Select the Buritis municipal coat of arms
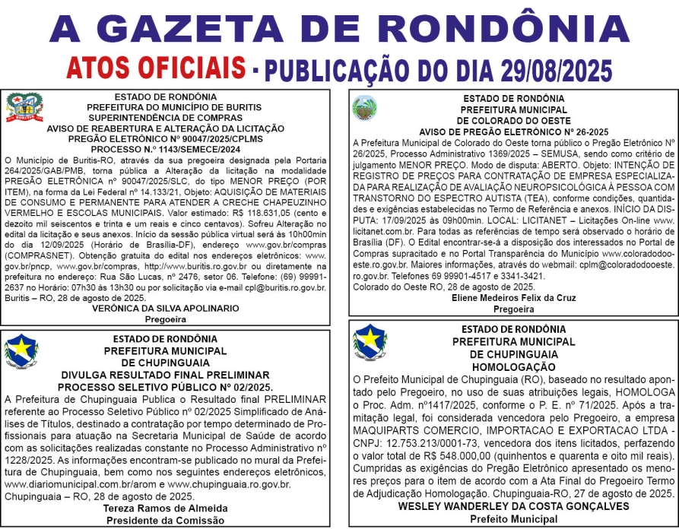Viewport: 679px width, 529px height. (x=24, y=108)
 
